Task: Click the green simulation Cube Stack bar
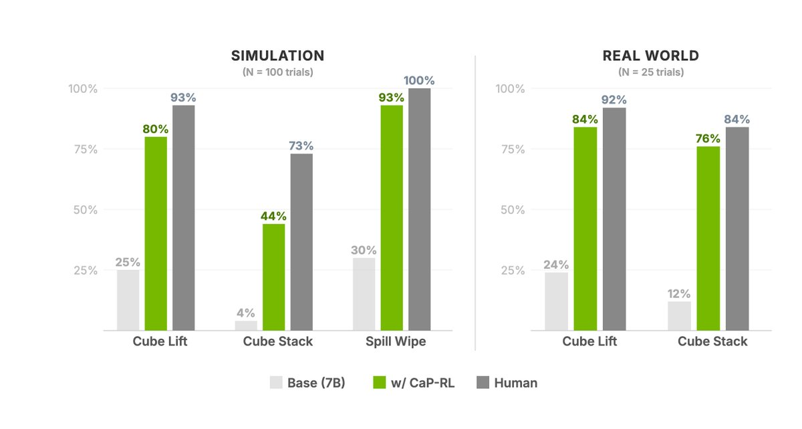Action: [x=274, y=277]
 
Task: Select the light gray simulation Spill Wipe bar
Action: [x=364, y=294]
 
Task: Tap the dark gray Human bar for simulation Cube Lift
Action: [x=184, y=217]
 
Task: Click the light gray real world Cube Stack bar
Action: [x=679, y=315]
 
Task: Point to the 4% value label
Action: [x=245, y=312]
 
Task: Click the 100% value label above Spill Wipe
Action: [x=419, y=81]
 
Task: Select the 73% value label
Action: [x=301, y=146]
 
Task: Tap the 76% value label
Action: [x=707, y=138]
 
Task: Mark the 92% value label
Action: [x=614, y=100]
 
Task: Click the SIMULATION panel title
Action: [x=277, y=55]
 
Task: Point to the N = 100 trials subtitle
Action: [x=277, y=72]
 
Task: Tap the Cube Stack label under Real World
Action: [x=712, y=341]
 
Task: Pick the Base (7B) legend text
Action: [x=316, y=383]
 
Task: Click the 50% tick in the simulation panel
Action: [x=83, y=210]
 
